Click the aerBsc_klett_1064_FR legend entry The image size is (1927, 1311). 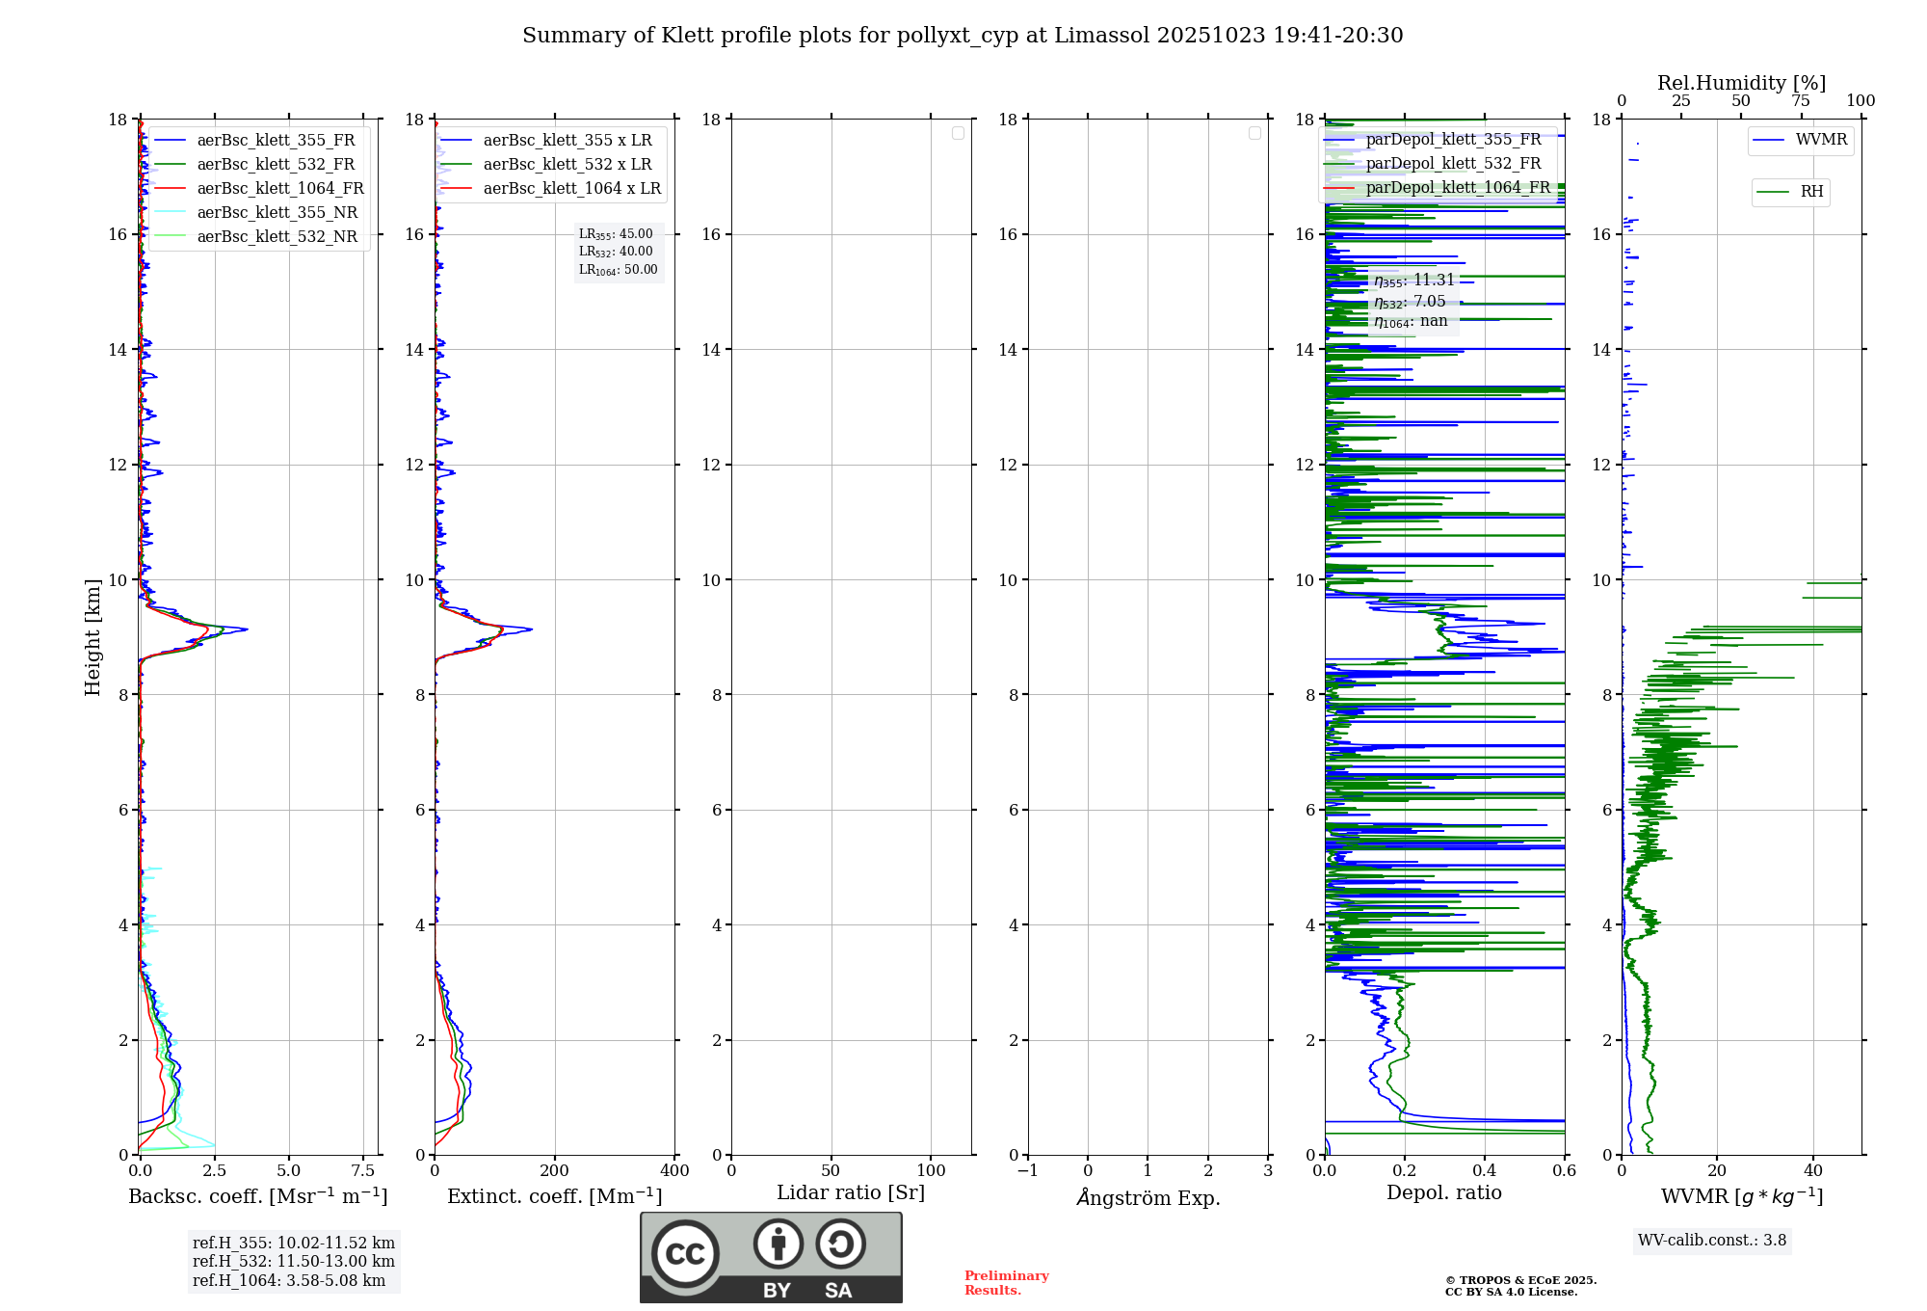[x=279, y=188]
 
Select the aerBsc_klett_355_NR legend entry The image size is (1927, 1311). [x=277, y=212]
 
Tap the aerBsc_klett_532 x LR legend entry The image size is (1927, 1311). [x=567, y=164]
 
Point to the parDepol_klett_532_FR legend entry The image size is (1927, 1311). [x=1453, y=163]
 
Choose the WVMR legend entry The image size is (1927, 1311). [x=1821, y=140]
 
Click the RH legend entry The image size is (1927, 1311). [x=1811, y=192]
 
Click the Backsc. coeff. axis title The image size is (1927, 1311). [x=257, y=1196]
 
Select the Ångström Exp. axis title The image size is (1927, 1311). [x=1148, y=1197]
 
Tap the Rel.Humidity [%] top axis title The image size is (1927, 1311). [x=1741, y=83]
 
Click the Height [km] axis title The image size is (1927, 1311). [x=92, y=637]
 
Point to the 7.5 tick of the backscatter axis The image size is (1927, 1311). [x=363, y=1170]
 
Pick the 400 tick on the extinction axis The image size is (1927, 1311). [x=674, y=1170]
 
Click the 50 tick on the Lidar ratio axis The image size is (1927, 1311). [x=831, y=1170]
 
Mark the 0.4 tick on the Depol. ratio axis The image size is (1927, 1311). [x=1485, y=1170]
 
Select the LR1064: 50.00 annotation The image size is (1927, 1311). [x=618, y=270]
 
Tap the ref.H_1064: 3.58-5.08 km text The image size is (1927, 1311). [x=288, y=1280]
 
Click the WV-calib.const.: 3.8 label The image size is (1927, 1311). [x=1711, y=1240]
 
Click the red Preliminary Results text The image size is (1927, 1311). [x=1006, y=1282]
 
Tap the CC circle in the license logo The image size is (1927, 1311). [x=685, y=1253]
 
